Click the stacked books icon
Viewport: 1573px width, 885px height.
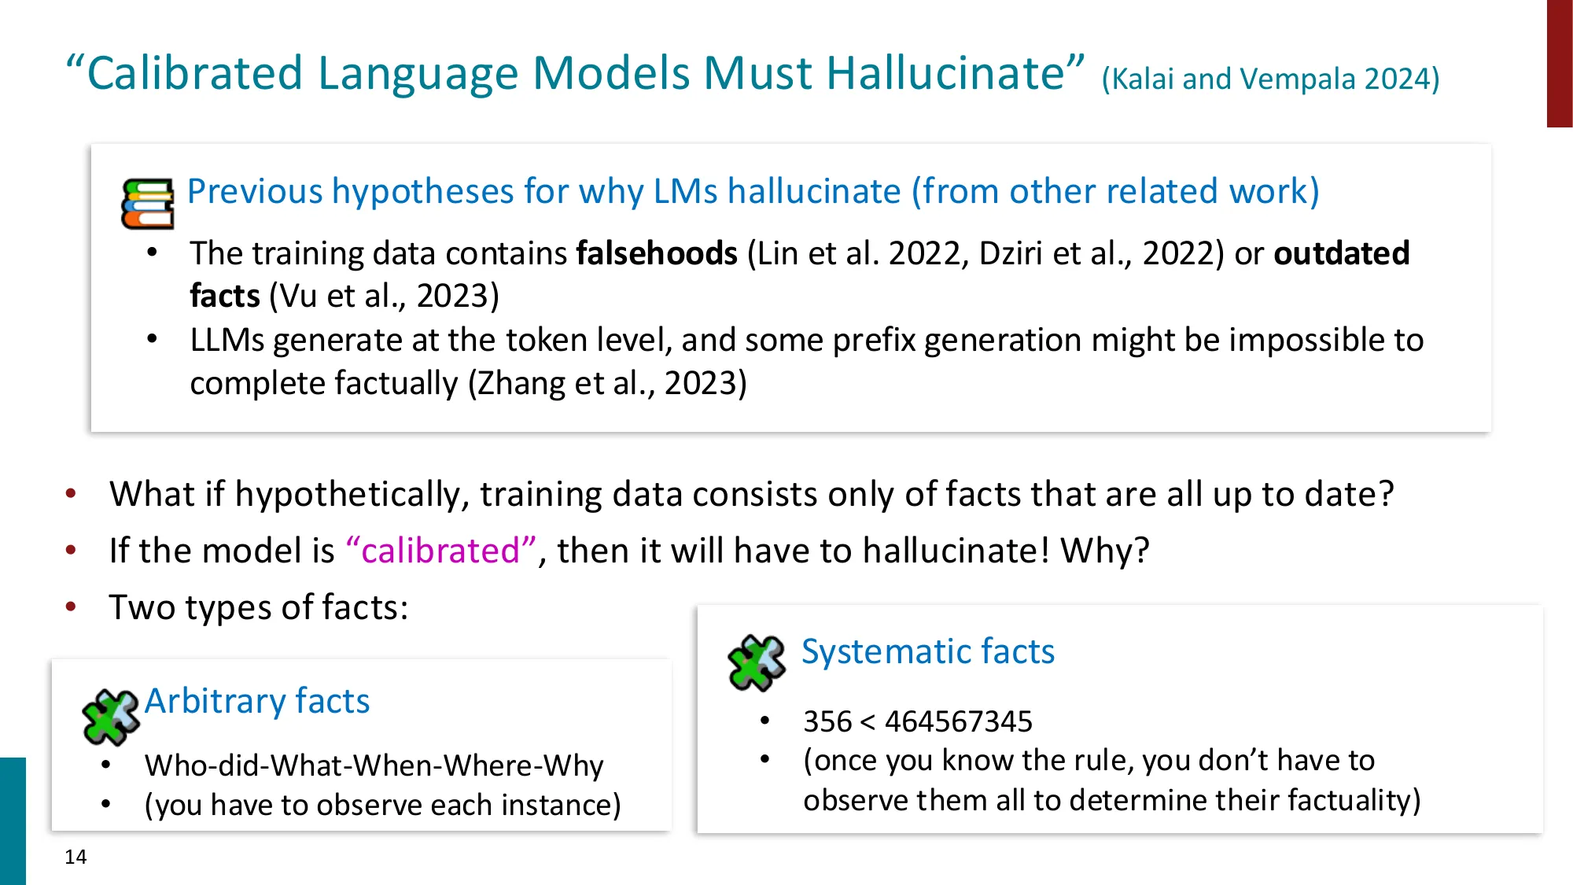[x=147, y=204]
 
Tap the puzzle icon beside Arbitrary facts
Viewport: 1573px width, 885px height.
[x=111, y=716]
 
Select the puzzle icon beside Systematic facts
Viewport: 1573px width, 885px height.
[x=757, y=662]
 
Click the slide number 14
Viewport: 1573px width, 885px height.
[x=76, y=857]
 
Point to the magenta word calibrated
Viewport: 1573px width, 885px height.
[x=440, y=551]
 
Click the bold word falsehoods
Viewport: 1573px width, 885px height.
[x=657, y=253]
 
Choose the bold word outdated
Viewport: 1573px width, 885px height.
[x=1341, y=253]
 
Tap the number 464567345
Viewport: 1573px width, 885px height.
[x=958, y=721]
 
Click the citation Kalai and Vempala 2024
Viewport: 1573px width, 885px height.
[x=1270, y=79]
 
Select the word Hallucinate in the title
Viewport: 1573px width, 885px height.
[x=945, y=73]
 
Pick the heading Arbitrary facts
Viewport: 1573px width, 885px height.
[x=257, y=701]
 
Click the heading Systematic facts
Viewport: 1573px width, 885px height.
[x=928, y=651]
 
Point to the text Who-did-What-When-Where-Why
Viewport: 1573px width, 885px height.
[x=374, y=765]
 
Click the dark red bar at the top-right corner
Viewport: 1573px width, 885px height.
[x=1560, y=63]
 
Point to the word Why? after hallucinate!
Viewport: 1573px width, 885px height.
[x=1105, y=551]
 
